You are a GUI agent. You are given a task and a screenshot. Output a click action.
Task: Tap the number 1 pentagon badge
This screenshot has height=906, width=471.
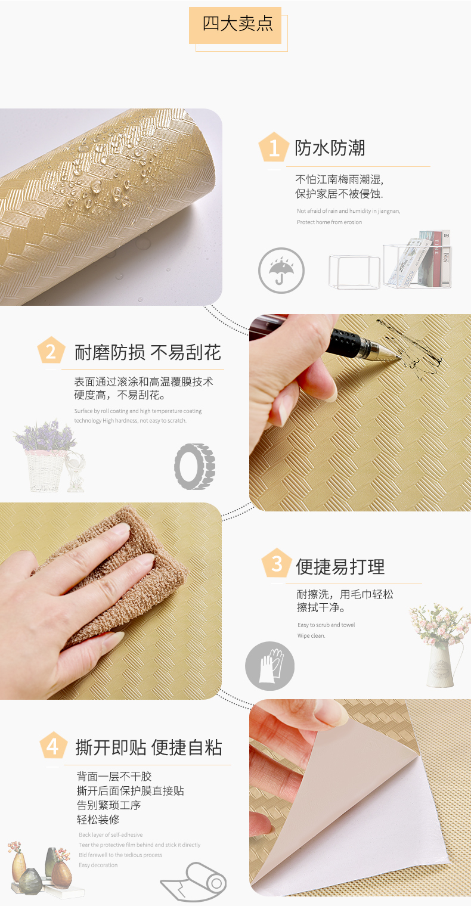pos(274,147)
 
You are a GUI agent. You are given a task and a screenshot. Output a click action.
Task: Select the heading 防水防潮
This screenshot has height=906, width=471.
pos(330,148)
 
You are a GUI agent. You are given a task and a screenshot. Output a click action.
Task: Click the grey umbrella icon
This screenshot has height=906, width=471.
pos(281,270)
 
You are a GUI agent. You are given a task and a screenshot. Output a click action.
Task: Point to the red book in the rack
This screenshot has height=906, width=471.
pos(436,259)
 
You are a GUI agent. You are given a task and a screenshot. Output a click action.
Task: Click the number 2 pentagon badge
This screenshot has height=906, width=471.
pos(51,350)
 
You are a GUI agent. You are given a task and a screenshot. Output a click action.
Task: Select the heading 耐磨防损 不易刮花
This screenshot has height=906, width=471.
pos(148,352)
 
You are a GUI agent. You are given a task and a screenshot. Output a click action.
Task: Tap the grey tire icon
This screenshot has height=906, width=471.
pos(194,466)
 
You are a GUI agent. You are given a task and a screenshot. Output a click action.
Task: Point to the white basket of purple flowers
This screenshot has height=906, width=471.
pos(44,456)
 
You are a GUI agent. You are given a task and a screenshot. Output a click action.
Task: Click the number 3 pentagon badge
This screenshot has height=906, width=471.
pos(277,563)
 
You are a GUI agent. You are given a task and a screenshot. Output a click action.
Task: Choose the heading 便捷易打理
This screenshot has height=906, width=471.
pos(340,567)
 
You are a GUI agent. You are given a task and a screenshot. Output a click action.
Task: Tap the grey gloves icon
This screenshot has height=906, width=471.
pos(270,666)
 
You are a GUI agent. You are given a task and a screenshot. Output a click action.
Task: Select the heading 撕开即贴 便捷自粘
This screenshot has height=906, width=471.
pos(148,747)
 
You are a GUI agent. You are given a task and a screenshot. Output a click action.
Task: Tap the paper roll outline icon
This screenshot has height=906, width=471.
pos(194,882)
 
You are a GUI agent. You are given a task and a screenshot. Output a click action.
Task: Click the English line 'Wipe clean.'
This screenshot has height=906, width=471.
pos(311,635)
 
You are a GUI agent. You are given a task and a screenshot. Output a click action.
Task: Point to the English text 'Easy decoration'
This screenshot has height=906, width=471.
pos(98,865)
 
